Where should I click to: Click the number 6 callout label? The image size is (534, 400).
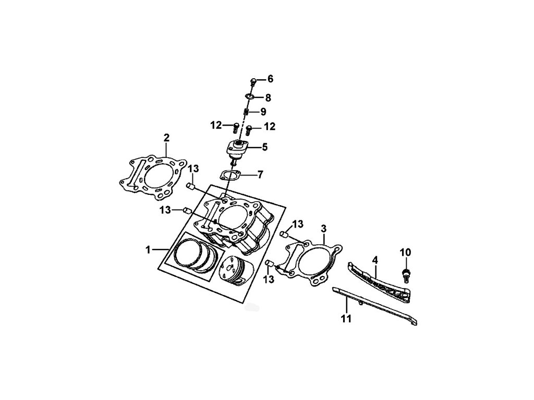point(270,79)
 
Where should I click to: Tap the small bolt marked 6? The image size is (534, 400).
point(253,81)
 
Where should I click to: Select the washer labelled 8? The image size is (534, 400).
point(250,97)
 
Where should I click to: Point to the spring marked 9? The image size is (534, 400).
point(248,111)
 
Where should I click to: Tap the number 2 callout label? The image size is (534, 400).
point(166,137)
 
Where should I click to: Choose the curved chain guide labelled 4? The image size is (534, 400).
point(379,283)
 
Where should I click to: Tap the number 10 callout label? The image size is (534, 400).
point(405,253)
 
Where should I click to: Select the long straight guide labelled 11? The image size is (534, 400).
point(375,307)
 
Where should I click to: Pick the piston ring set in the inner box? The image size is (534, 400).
point(196,256)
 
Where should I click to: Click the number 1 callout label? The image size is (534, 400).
point(149,250)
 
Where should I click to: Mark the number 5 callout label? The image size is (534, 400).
point(264,147)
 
